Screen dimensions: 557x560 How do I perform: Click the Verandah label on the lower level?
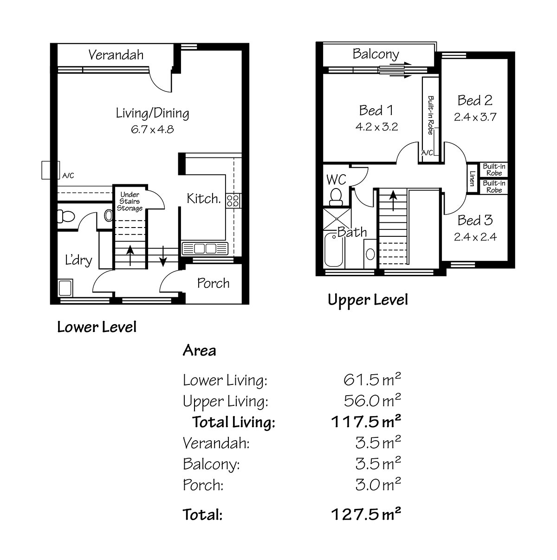(116, 55)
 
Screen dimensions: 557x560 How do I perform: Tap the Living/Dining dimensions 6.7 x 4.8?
(152, 129)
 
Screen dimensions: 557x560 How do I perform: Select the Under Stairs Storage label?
(130, 201)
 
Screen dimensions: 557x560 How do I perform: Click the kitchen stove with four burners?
(233, 201)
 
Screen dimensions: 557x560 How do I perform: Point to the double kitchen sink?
(205, 249)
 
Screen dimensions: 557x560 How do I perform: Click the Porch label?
(213, 283)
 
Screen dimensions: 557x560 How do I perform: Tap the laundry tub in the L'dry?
(65, 287)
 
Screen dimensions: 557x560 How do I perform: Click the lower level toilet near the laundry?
(66, 216)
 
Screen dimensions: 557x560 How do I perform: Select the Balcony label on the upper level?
(376, 54)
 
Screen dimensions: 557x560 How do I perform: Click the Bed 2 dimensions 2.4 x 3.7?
(475, 117)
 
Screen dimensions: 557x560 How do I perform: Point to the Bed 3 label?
(475, 220)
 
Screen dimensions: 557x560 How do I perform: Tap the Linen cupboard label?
(472, 178)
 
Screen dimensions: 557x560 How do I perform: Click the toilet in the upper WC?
(336, 197)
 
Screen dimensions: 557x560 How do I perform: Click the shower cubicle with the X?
(337, 219)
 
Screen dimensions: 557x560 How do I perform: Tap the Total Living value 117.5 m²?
(366, 422)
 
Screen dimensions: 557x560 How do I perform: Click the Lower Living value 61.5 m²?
(372, 379)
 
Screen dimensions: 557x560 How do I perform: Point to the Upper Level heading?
(368, 300)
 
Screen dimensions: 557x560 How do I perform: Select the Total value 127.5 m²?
(366, 514)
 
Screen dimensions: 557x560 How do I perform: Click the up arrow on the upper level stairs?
(393, 201)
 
